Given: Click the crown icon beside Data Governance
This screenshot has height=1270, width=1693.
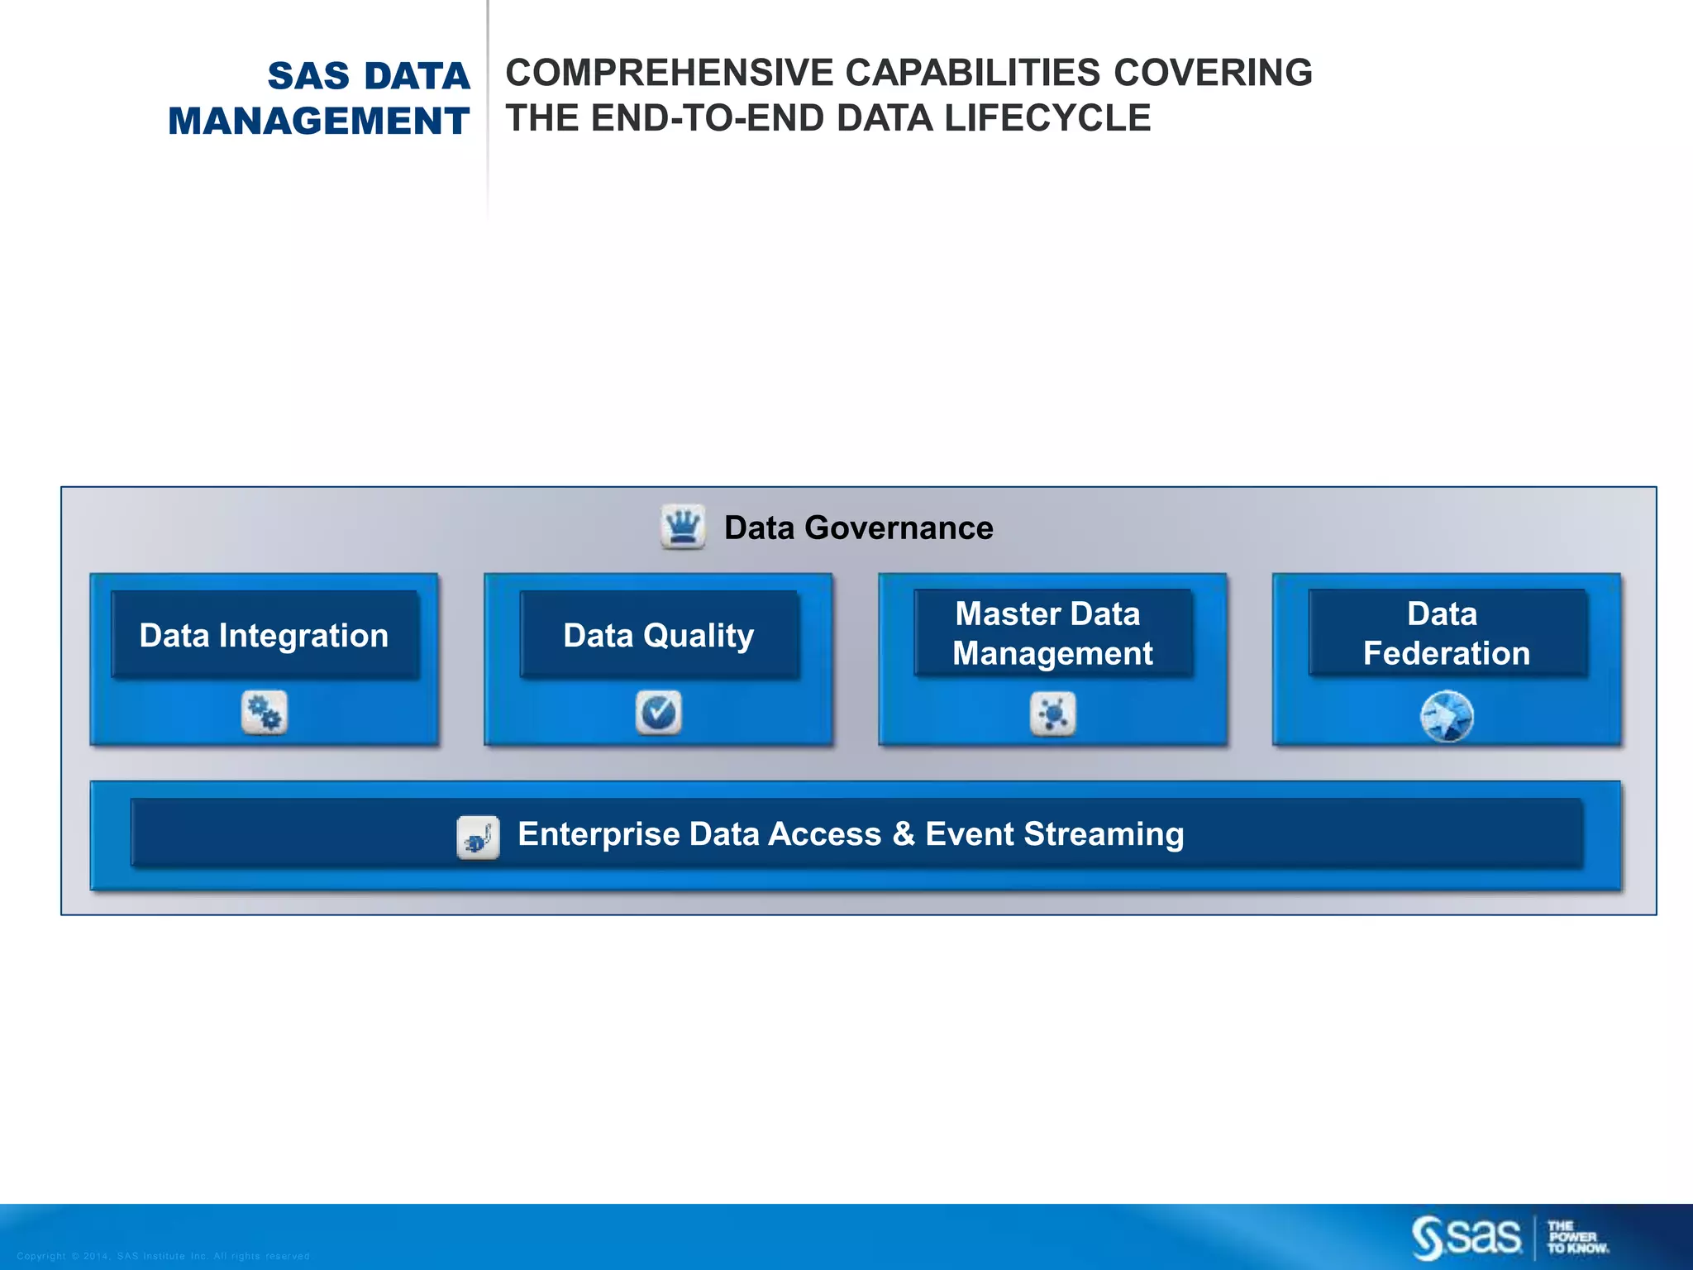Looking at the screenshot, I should click(x=683, y=527).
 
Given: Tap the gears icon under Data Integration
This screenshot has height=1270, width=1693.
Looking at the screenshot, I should click(x=265, y=712).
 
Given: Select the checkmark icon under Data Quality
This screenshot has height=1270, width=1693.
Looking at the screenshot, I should click(x=659, y=712).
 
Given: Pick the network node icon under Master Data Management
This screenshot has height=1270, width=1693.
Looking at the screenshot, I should click(x=1053, y=713).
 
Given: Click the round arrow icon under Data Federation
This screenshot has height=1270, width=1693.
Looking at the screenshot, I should click(x=1447, y=716).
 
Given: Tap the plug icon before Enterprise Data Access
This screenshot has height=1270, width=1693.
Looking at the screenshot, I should click(x=478, y=838).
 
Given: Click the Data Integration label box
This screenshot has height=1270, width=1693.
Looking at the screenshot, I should click(x=265, y=635).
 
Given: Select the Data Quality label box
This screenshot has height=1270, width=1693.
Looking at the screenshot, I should click(x=659, y=635).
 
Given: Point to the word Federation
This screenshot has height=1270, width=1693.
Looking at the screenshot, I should click(x=1447, y=654).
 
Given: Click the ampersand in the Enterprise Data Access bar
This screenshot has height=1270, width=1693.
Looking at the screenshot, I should click(x=904, y=834).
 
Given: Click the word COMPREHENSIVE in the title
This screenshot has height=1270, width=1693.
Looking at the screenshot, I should click(x=670, y=73).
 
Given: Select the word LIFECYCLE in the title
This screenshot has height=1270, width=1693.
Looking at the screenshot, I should click(x=1047, y=118).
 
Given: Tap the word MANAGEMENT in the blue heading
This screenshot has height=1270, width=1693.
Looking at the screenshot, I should click(x=319, y=121).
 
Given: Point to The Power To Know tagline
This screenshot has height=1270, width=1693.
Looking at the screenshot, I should click(x=1577, y=1238).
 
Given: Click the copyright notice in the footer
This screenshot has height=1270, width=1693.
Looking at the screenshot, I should click(x=163, y=1256).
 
